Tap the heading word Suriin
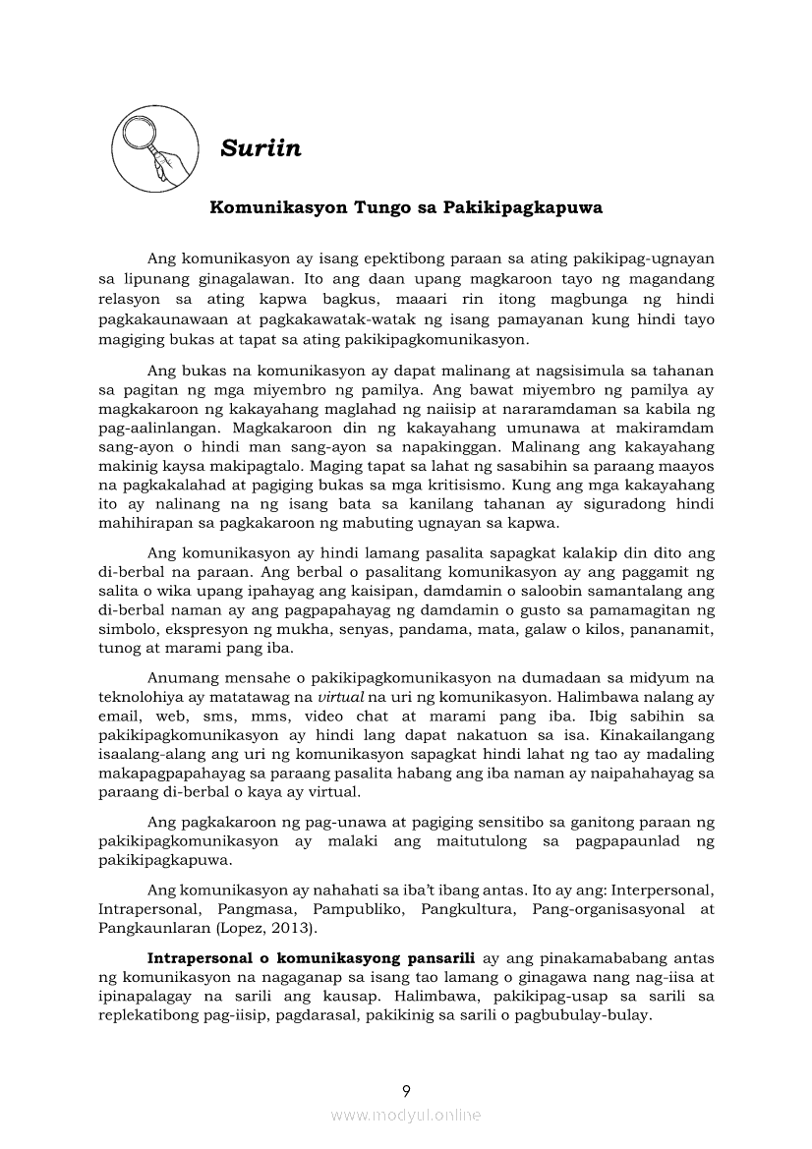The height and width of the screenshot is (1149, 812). coord(261,148)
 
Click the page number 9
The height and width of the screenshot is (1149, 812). coord(406,1090)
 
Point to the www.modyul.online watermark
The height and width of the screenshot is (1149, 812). coord(406,1115)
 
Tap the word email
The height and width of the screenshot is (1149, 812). coord(120,716)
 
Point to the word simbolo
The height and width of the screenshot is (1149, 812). coord(127,628)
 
